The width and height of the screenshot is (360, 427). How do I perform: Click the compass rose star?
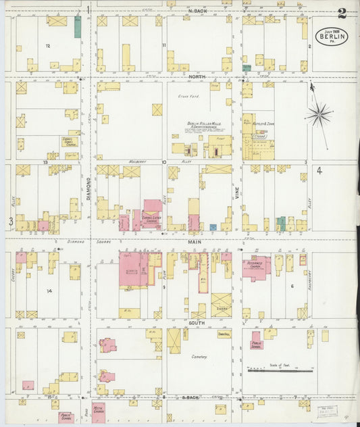tap(318, 115)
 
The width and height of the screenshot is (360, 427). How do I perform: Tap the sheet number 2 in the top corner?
tap(342, 13)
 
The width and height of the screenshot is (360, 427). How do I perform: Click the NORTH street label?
tap(197, 78)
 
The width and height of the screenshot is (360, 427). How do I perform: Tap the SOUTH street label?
tap(197, 323)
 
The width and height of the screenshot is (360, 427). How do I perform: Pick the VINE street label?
tap(237, 193)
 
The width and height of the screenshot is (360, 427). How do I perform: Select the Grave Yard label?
tap(186, 96)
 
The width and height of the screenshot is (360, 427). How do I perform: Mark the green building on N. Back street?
tap(78, 28)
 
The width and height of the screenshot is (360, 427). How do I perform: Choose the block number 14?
tap(49, 291)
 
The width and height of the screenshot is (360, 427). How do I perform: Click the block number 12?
tap(47, 45)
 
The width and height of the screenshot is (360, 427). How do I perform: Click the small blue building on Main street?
tap(213, 227)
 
